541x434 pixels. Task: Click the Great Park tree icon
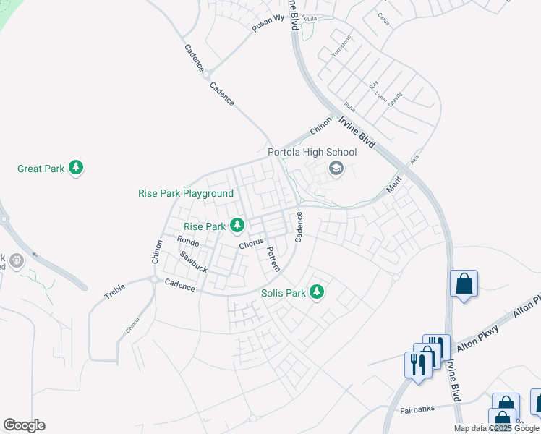[x=76, y=169]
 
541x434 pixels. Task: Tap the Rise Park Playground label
[x=186, y=193]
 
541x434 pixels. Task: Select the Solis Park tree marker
[x=316, y=292]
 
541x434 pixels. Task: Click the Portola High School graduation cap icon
[x=336, y=169]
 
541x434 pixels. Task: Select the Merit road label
[x=394, y=184]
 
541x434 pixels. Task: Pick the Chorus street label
[x=251, y=244]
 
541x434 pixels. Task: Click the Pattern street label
[x=273, y=258]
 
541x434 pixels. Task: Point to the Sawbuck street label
[x=194, y=262]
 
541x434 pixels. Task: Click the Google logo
[x=24, y=425]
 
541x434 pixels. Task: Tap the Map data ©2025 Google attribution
[x=497, y=428]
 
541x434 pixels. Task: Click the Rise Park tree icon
[x=237, y=226]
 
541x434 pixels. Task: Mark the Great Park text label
[x=41, y=169]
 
